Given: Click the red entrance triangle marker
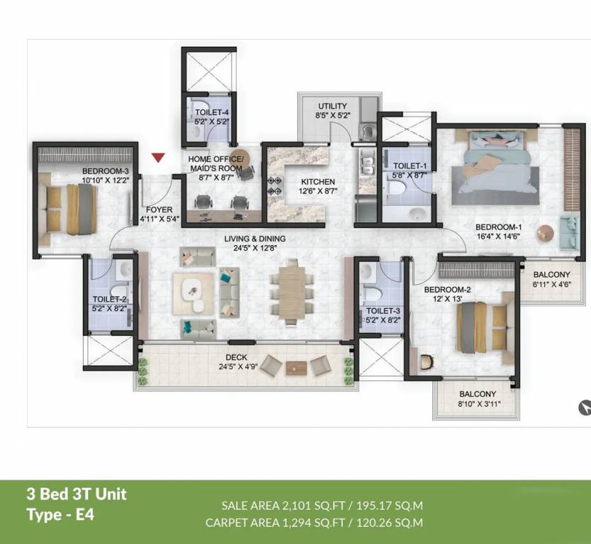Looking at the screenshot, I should (158, 158).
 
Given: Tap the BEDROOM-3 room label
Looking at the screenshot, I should (105, 171).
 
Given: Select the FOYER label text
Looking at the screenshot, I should (159, 210).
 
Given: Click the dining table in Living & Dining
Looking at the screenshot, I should (291, 292).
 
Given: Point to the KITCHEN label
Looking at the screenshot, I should (318, 182).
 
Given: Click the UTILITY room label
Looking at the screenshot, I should (332, 106).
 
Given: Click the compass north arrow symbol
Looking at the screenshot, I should (585, 407).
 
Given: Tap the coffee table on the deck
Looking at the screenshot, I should (295, 367).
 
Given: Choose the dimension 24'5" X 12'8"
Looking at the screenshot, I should (255, 248).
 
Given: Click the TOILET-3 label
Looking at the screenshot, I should (383, 311).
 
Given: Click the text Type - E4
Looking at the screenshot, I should (60, 514).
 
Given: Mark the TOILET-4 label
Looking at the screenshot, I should (212, 112).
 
